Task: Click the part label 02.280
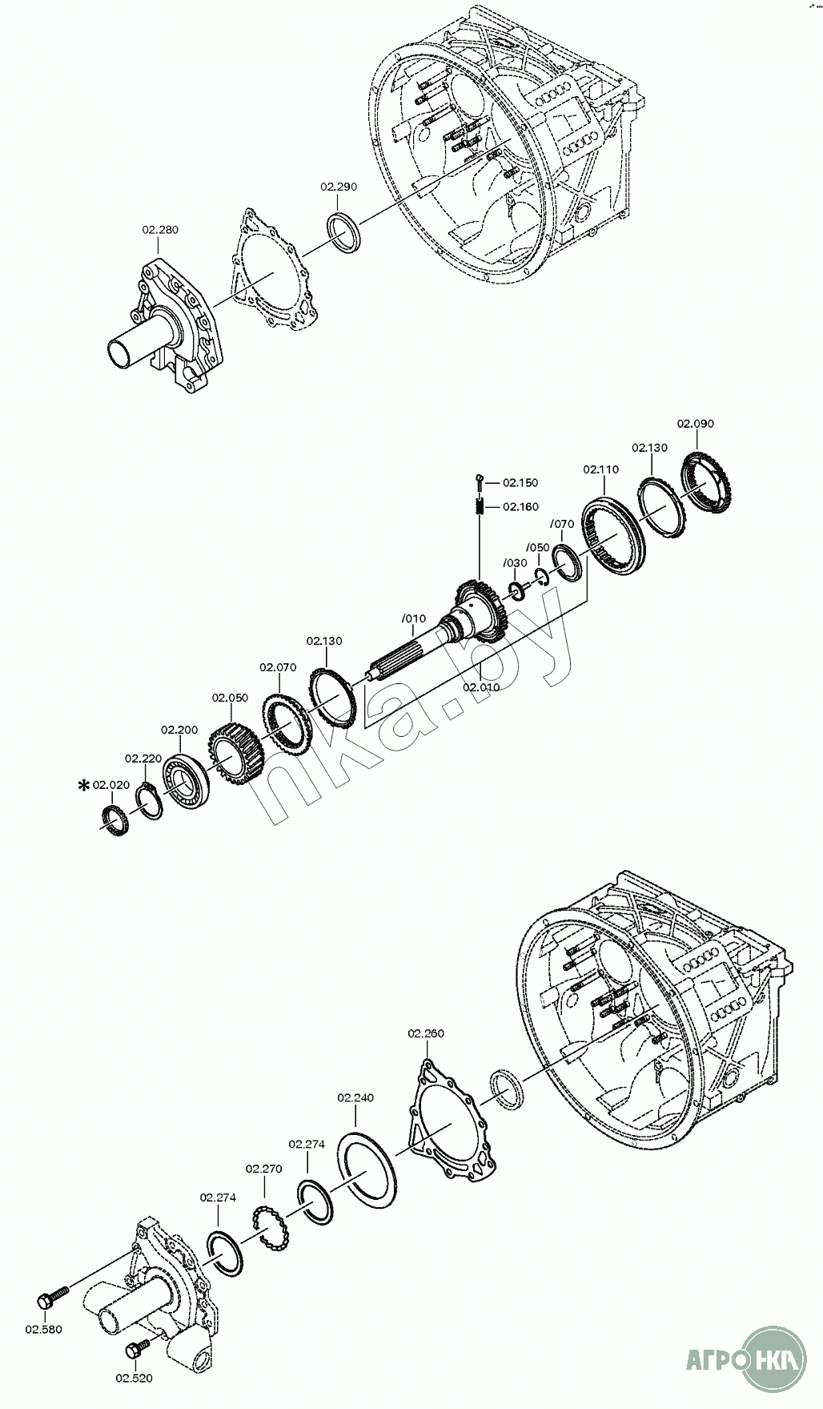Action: point(160,230)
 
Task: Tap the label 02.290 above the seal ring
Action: point(339,187)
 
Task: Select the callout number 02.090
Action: point(695,424)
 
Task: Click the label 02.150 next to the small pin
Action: point(520,483)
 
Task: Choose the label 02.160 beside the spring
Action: point(520,507)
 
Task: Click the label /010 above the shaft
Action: point(414,619)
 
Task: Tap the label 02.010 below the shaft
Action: point(481,687)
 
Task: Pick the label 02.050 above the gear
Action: point(230,698)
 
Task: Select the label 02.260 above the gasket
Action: point(425,1033)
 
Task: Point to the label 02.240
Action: point(355,1097)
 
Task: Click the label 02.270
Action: point(263,1169)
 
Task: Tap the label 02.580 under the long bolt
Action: point(43,1330)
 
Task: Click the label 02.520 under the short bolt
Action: point(134,1379)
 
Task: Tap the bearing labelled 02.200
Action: point(187,779)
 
